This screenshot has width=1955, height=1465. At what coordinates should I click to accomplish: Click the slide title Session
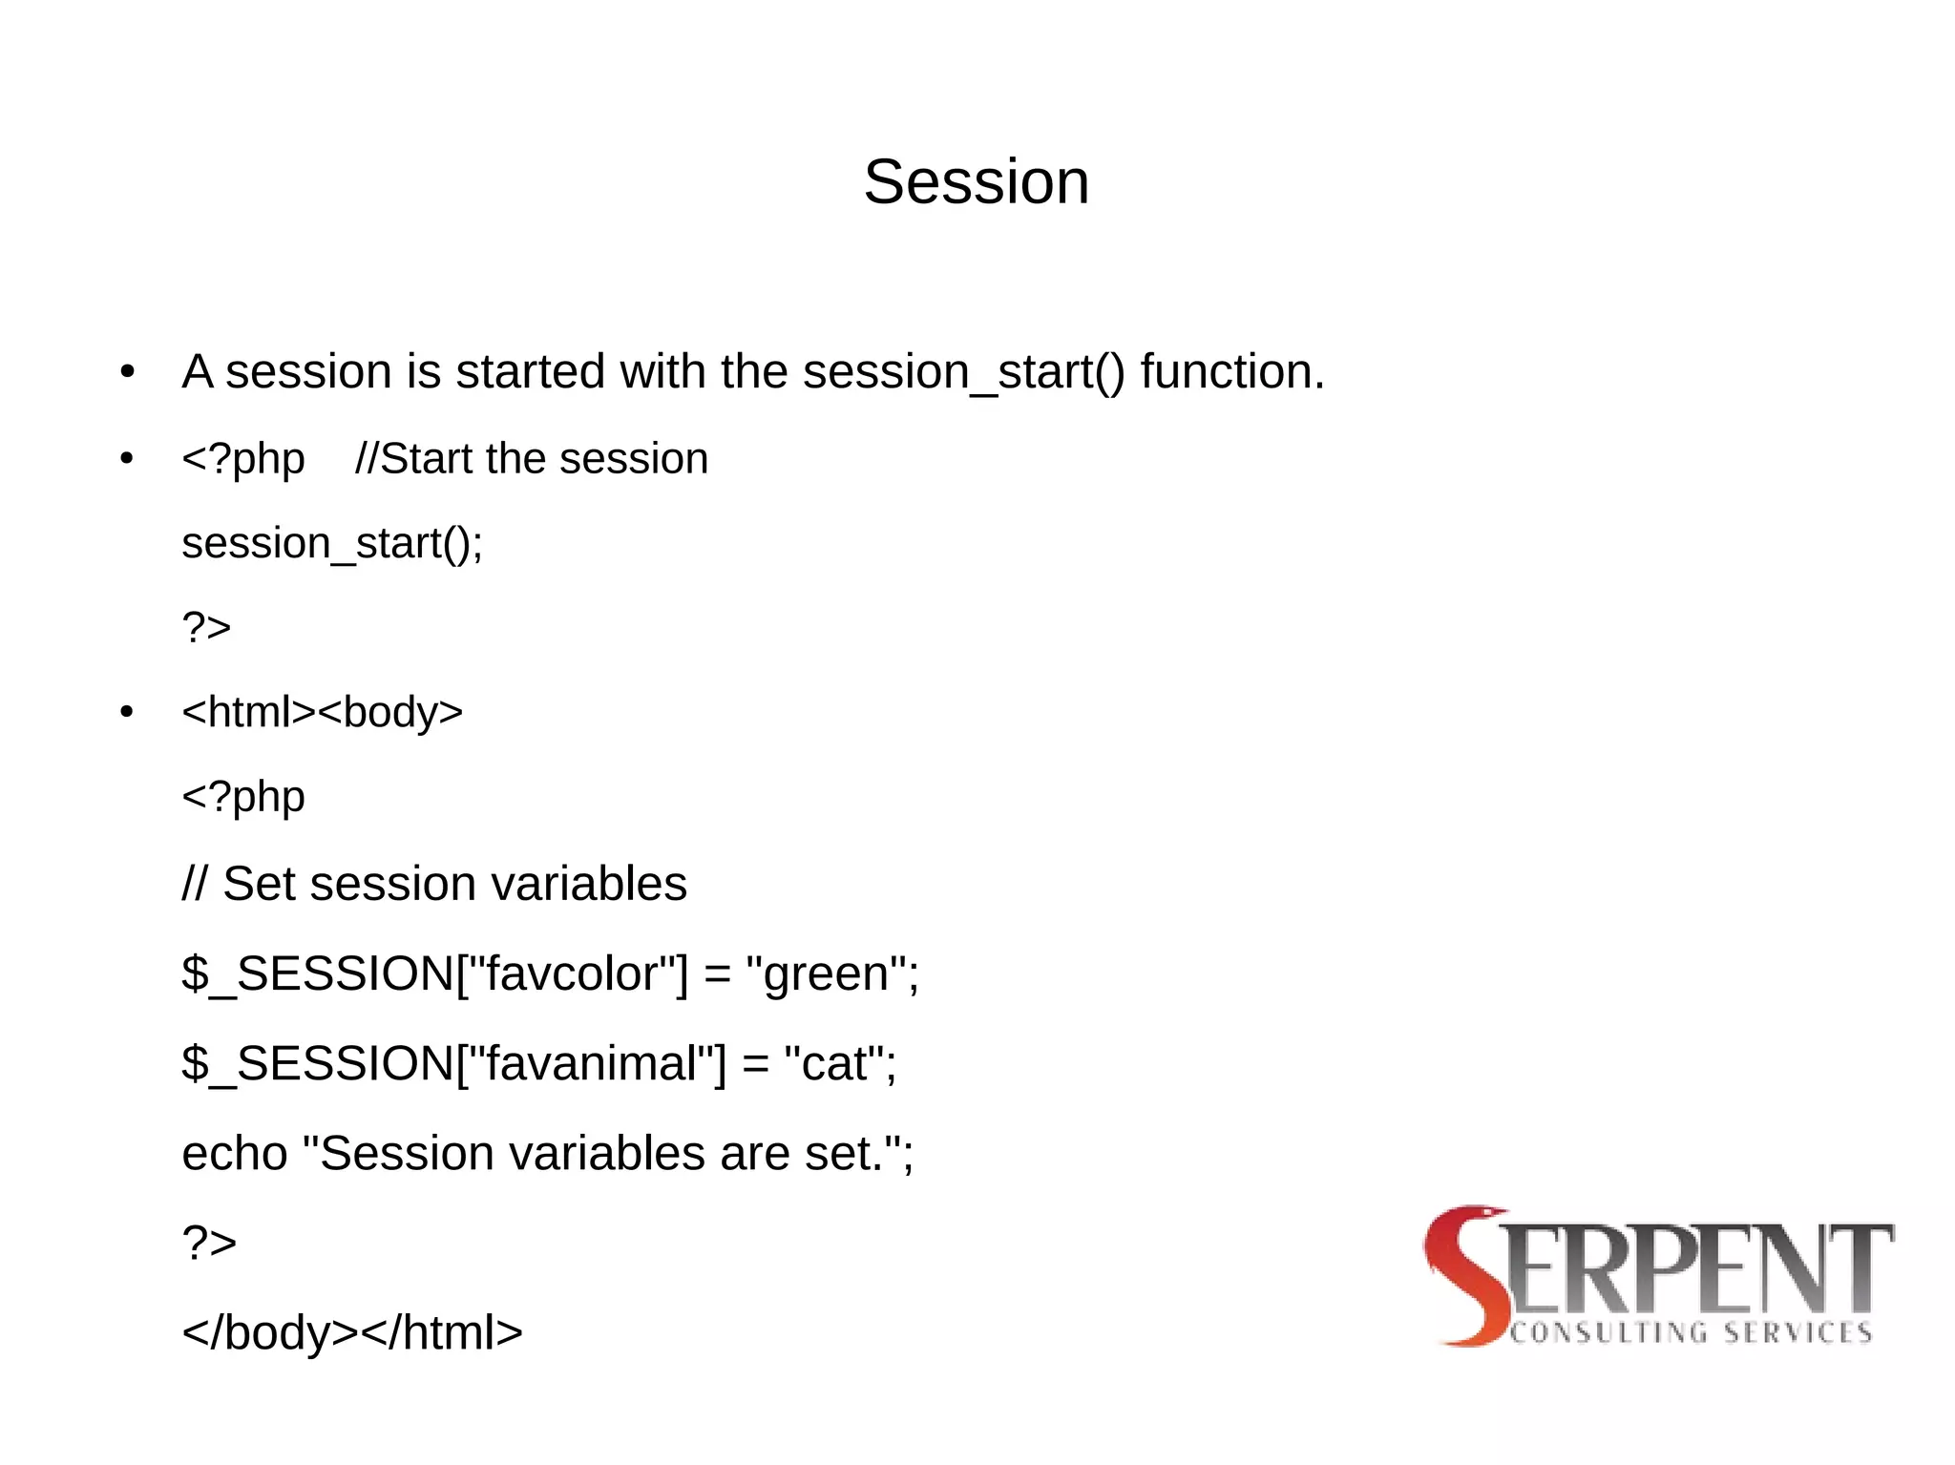coord(976,181)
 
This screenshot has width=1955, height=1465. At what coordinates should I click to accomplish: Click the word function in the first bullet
coord(1231,371)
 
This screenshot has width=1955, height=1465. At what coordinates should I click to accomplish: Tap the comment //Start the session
coord(532,459)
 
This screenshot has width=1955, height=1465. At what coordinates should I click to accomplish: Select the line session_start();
coord(332,544)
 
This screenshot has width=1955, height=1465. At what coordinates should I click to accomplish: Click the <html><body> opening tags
coord(322,713)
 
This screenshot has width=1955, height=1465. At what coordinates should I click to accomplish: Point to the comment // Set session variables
coord(434,884)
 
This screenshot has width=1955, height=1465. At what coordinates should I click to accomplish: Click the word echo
coord(235,1154)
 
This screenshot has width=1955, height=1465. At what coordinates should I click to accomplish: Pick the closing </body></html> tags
coord(352,1332)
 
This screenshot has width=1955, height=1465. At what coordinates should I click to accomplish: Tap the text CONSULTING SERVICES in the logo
coord(1691,1332)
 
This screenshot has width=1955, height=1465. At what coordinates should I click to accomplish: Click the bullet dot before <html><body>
coord(127,713)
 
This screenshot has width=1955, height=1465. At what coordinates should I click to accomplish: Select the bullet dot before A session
coord(127,372)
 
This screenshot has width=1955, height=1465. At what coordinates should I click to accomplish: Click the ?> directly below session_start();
coord(206,628)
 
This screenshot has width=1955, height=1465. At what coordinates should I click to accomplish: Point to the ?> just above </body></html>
coord(209,1243)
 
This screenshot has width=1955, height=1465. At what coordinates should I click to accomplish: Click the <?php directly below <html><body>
coord(243,797)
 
